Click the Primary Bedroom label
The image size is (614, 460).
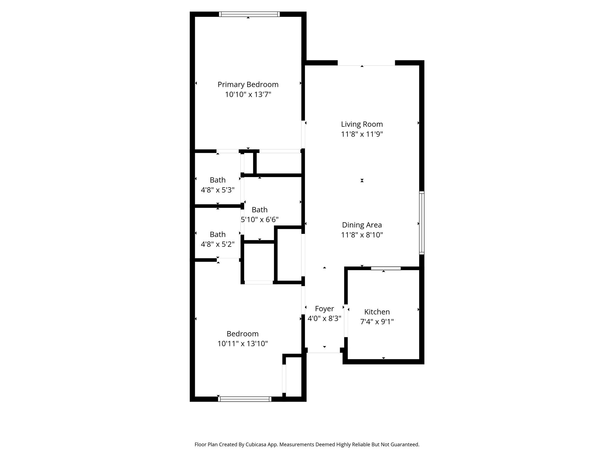click(248, 85)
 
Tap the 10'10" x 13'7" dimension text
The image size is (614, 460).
click(248, 95)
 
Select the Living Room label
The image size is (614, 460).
click(362, 124)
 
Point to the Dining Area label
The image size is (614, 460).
click(362, 225)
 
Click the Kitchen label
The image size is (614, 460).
click(377, 312)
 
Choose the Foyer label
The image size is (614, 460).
click(324, 309)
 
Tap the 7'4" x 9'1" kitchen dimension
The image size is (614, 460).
click(377, 322)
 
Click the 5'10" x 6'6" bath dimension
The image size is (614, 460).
click(260, 220)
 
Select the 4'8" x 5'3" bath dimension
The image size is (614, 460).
click(218, 190)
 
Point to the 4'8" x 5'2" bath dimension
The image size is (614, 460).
click(218, 244)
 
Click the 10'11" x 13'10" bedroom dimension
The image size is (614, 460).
click(243, 344)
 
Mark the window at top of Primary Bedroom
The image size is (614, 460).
click(249, 14)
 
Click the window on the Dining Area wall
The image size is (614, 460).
click(422, 223)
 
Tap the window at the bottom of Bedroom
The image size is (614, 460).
click(245, 399)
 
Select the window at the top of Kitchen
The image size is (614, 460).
click(386, 268)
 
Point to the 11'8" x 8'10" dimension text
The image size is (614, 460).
click(362, 235)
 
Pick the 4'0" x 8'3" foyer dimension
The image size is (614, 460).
click(324, 318)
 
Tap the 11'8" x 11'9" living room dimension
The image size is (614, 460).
click(362, 134)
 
